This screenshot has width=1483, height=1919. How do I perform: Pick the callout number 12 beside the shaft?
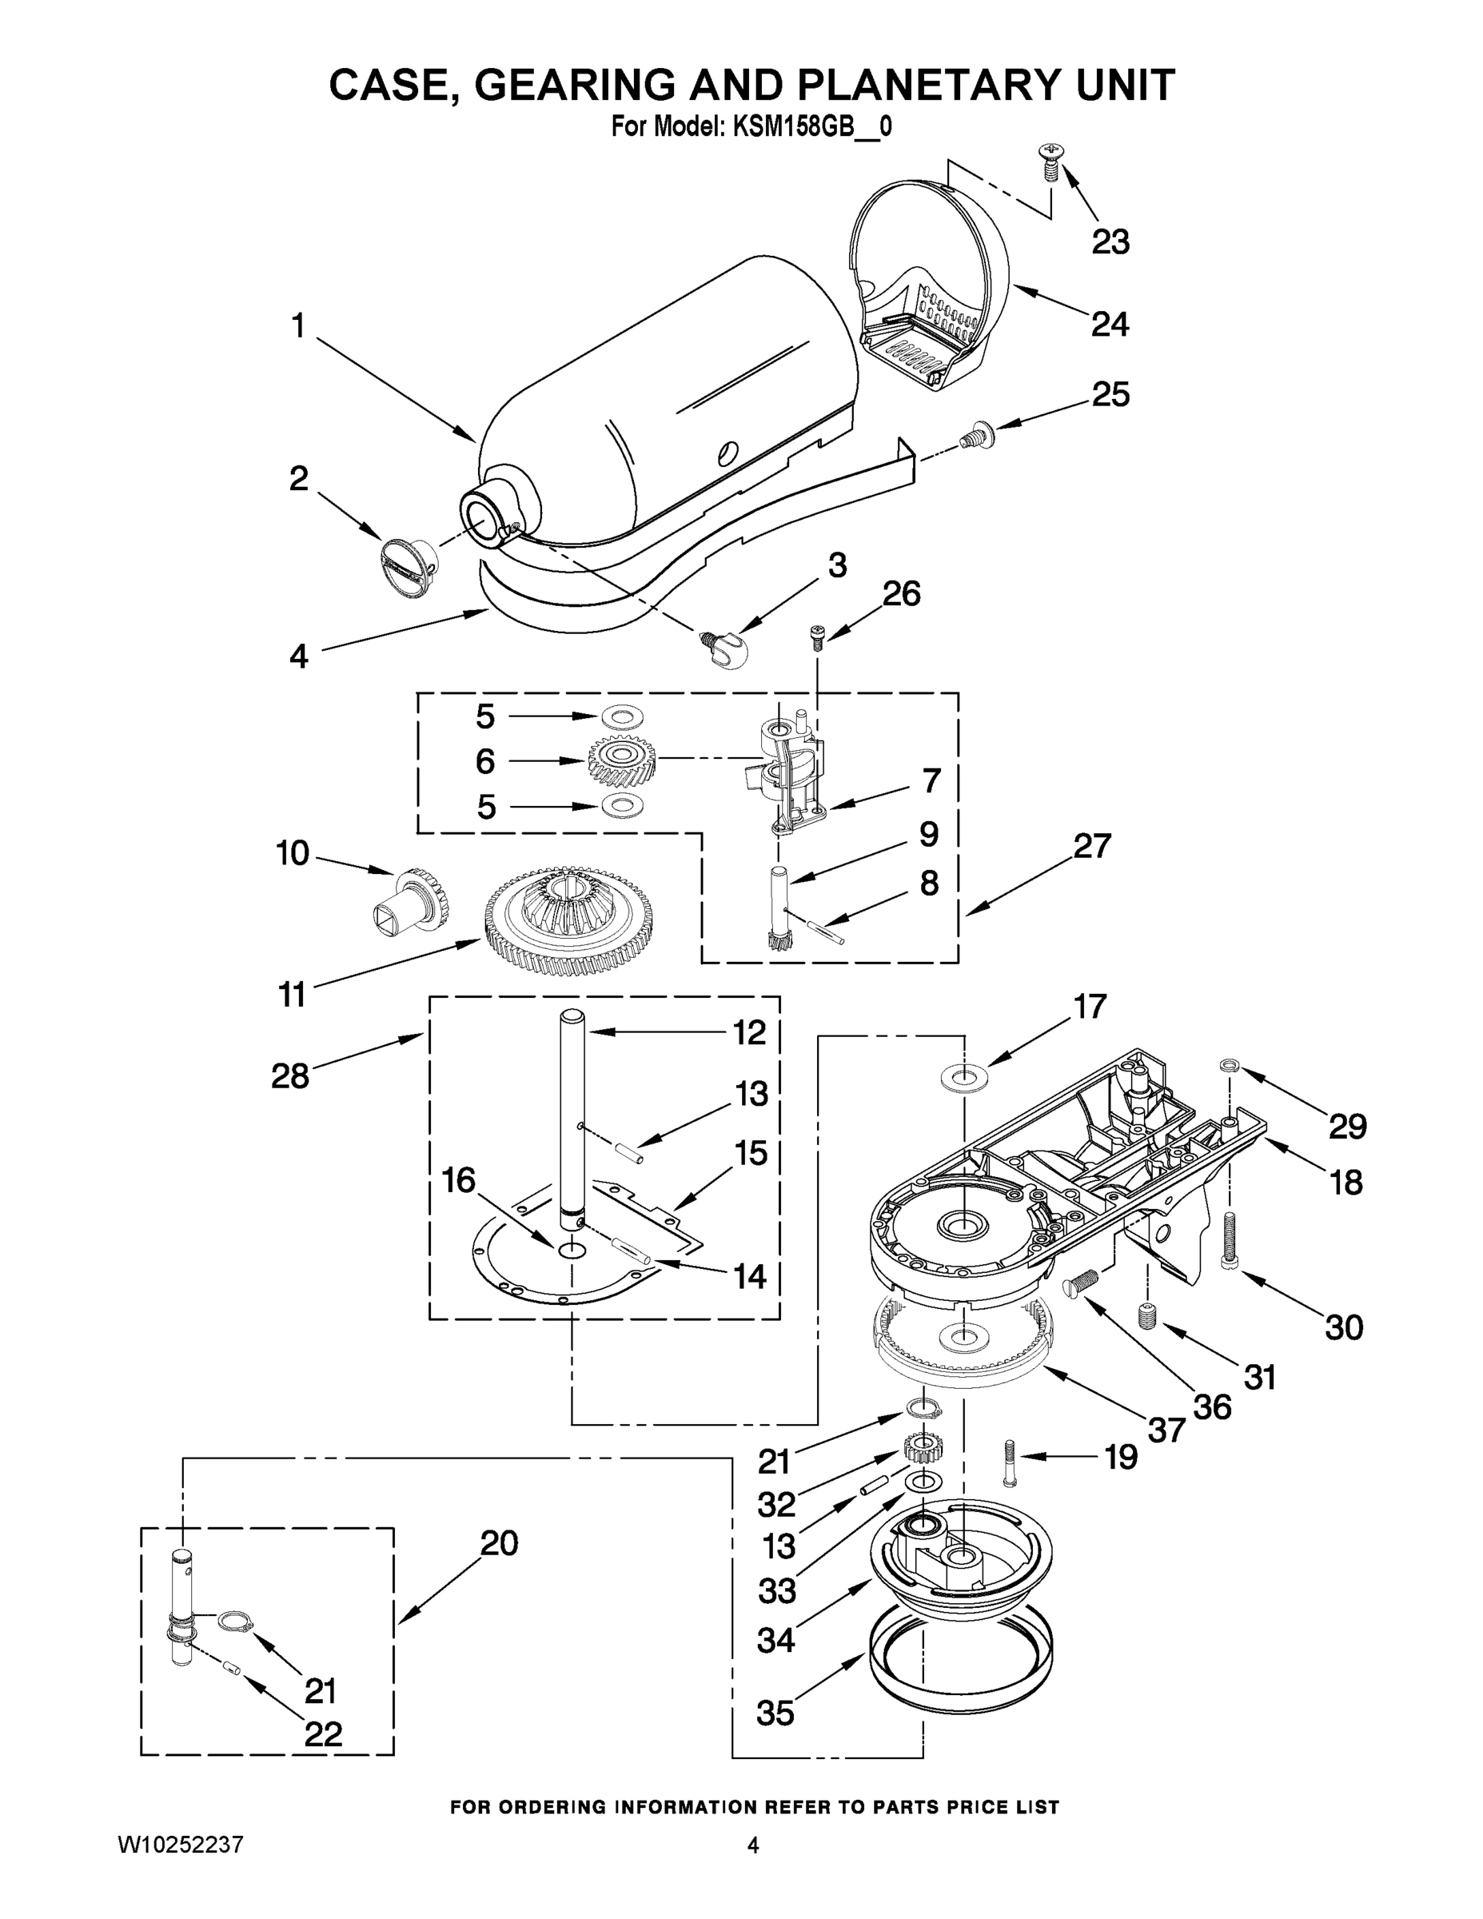(749, 1032)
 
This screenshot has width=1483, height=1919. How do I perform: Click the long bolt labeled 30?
(1229, 1240)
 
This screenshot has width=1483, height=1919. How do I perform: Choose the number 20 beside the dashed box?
(499, 1544)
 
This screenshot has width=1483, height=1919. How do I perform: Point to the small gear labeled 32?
(919, 1446)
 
